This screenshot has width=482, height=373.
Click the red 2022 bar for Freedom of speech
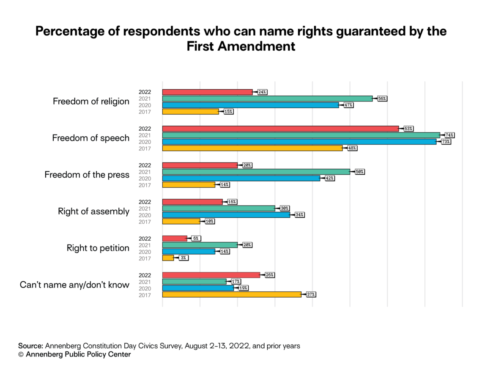pyautogui.click(x=280, y=129)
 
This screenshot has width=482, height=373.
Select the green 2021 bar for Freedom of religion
pyautogui.click(x=267, y=99)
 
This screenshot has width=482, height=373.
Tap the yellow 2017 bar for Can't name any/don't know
pyautogui.click(x=232, y=294)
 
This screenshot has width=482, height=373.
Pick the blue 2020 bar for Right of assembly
pyautogui.click(x=226, y=215)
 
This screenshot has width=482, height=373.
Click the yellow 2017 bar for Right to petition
pyautogui.click(x=168, y=258)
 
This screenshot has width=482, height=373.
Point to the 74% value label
pyautogui.click(x=449, y=135)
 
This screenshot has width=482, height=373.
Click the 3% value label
pyautogui.click(x=183, y=258)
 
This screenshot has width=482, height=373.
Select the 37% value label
pyautogui.click(x=311, y=294)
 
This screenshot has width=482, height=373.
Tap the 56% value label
pyautogui.click(x=382, y=99)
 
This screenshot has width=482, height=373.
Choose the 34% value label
pyautogui.click(x=300, y=215)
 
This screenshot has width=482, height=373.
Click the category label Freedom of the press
pyautogui.click(x=87, y=175)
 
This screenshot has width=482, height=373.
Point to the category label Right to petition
pyautogui.click(x=98, y=248)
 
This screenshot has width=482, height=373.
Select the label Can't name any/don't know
pyautogui.click(x=74, y=285)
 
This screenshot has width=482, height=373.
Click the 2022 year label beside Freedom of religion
pyautogui.click(x=145, y=92)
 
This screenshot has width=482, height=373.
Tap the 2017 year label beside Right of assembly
pyautogui.click(x=145, y=222)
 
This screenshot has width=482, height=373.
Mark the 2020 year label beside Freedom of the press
pyautogui.click(x=145, y=178)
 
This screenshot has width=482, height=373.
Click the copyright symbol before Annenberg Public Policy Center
pyautogui.click(x=21, y=355)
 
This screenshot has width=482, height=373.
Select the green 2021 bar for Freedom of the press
pyautogui.click(x=256, y=172)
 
